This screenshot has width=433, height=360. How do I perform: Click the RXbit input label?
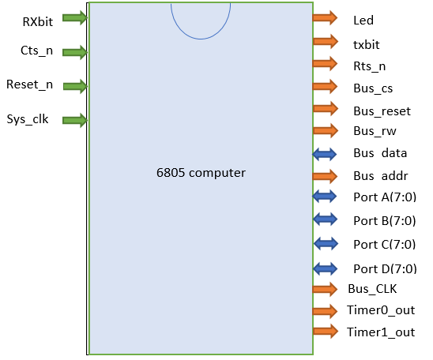[38, 22]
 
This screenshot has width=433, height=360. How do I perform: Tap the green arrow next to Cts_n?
[75, 52]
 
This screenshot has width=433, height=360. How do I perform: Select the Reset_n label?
[29, 84]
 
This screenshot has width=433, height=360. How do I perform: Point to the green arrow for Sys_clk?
[75, 120]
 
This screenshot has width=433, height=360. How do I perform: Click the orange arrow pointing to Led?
[325, 18]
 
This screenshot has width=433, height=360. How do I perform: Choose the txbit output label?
[367, 45]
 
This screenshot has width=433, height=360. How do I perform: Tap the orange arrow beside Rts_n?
[325, 64]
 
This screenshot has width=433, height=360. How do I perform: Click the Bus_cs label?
[373, 88]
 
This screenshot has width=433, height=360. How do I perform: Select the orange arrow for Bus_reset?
[326, 108]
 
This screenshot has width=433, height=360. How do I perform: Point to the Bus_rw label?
[375, 131]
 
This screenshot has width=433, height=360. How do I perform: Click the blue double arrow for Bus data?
[325, 154]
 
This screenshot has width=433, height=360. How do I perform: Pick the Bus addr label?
[381, 176]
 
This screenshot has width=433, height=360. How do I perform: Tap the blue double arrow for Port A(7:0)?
[325, 197]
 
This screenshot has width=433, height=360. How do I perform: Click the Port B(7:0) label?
[385, 221]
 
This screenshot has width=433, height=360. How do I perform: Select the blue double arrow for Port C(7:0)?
[326, 244]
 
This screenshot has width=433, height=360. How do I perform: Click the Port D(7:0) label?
[385, 269]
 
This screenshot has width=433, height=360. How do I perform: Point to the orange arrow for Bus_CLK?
[325, 289]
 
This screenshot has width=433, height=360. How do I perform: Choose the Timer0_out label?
[381, 310]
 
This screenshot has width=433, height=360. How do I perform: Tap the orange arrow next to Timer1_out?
[326, 331]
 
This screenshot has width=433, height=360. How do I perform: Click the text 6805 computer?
[201, 173]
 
